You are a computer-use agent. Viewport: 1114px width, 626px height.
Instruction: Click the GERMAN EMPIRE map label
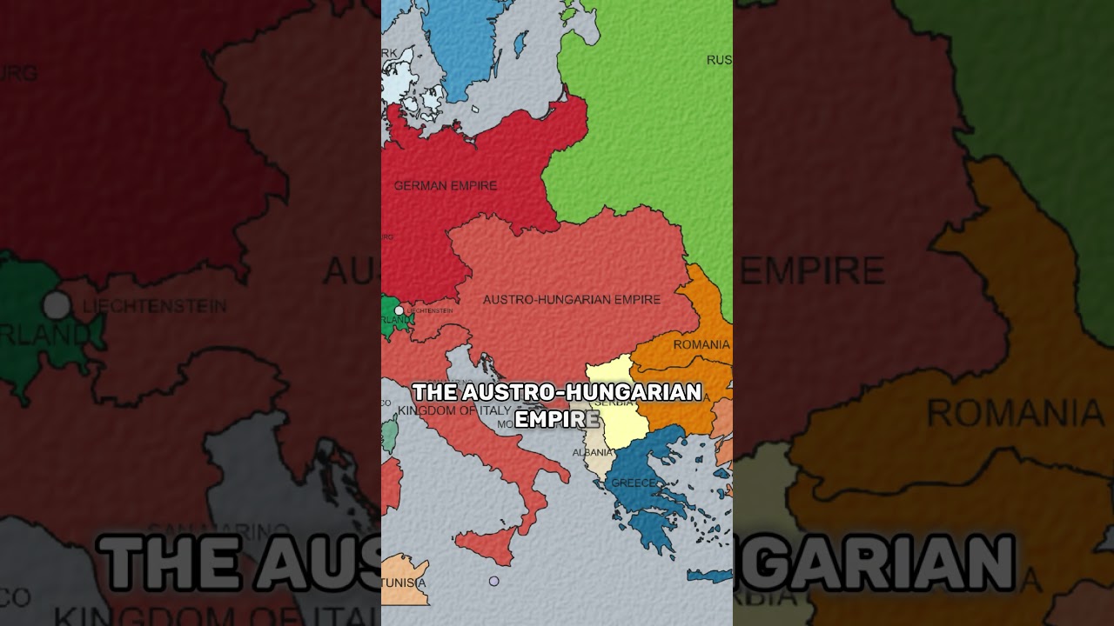point(445,185)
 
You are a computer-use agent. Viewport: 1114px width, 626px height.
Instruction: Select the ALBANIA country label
point(592,453)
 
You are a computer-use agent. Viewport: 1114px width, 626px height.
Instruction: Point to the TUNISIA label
point(404,583)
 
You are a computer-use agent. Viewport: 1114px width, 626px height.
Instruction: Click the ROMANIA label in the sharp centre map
point(701,345)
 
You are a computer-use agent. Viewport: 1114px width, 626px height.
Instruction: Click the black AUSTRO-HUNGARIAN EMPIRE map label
point(571,300)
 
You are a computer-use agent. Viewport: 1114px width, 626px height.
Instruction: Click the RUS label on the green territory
point(719,60)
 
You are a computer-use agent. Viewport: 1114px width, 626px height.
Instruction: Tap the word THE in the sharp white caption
point(433,392)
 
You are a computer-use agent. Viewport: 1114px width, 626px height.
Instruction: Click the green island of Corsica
point(391,431)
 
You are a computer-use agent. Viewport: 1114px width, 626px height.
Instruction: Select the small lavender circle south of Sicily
point(493,581)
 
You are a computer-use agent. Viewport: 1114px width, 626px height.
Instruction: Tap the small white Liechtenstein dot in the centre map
point(399,310)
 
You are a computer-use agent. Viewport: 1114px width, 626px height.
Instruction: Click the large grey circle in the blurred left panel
point(57,305)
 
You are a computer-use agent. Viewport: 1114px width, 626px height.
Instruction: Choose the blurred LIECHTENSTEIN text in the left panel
point(154,306)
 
